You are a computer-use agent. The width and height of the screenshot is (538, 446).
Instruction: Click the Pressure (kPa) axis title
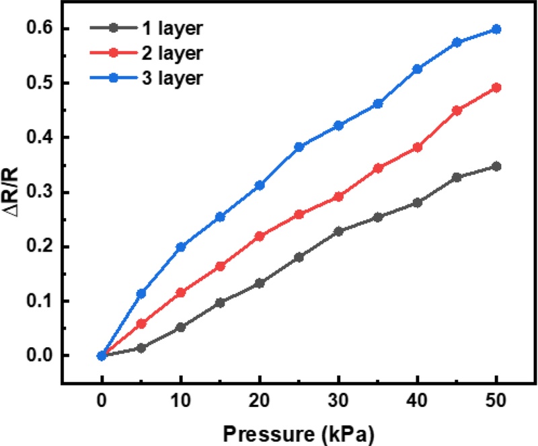pyautogui.click(x=299, y=431)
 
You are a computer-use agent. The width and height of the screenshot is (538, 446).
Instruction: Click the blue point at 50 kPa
pyautogui.click(x=496, y=29)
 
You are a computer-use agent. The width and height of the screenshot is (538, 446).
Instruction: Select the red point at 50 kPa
pyautogui.click(x=496, y=87)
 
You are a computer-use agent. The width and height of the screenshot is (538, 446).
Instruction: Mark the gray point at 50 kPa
pyautogui.click(x=496, y=166)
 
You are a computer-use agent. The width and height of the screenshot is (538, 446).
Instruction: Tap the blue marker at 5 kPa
pyautogui.click(x=141, y=293)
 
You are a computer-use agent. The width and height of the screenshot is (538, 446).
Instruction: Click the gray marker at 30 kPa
pyautogui.click(x=338, y=231)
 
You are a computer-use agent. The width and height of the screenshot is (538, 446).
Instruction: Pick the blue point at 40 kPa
pyautogui.click(x=418, y=69)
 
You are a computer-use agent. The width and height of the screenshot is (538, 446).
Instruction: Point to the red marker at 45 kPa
pyautogui.click(x=457, y=110)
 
